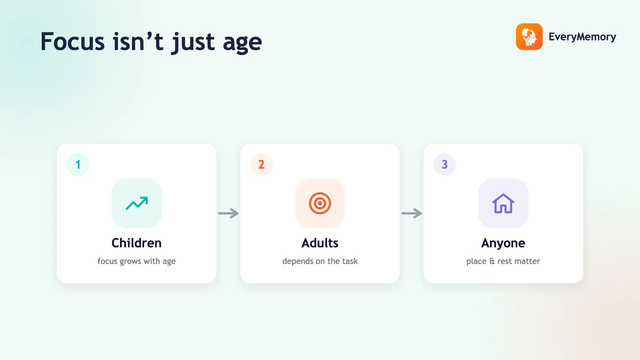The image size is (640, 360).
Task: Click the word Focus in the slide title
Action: tap(72, 42)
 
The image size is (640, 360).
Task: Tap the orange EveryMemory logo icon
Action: tap(529, 36)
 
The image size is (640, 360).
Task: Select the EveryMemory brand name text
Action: tap(582, 37)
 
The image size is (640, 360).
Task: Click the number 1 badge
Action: tap(78, 164)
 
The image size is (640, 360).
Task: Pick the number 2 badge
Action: tap(261, 164)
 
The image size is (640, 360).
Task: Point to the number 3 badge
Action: tap(444, 164)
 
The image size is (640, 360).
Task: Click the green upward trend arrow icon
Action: tap(136, 204)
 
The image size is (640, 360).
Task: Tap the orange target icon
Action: tap(320, 204)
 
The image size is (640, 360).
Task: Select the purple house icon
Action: tap(503, 204)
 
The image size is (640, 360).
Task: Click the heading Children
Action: tap(136, 243)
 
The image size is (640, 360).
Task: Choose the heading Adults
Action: tap(320, 243)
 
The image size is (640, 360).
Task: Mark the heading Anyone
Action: tap(503, 244)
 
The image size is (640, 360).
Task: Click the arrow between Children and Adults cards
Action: tap(228, 213)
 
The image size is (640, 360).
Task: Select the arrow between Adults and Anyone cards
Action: tap(412, 213)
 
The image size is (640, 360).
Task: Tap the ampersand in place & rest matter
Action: tap(492, 261)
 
